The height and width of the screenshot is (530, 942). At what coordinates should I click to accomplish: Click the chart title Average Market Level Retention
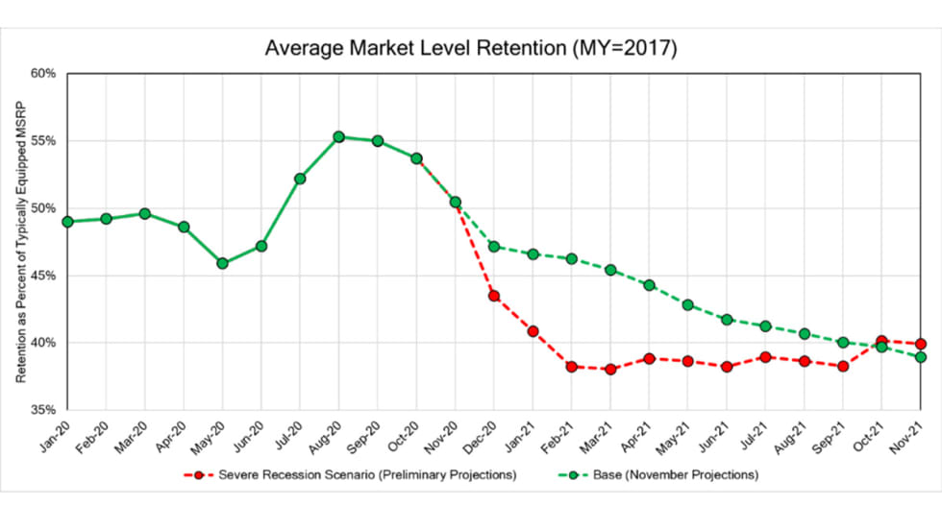[x=471, y=48]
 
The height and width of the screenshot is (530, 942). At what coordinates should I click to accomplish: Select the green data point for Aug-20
[x=338, y=137]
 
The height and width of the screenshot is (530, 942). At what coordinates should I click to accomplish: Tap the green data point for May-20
[x=222, y=263]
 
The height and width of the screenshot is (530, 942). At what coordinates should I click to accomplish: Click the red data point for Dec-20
[x=494, y=296]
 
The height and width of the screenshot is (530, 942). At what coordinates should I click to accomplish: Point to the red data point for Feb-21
[x=572, y=367]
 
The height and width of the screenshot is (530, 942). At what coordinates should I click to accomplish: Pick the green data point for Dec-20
[x=494, y=246]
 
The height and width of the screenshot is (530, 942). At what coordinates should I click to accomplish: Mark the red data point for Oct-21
[x=881, y=341]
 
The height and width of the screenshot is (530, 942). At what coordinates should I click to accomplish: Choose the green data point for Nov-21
[x=921, y=357]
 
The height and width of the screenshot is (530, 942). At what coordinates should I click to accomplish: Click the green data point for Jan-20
[x=67, y=222]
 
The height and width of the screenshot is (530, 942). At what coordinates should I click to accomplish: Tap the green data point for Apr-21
[x=650, y=285]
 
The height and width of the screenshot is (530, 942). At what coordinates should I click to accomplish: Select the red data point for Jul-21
[x=765, y=357]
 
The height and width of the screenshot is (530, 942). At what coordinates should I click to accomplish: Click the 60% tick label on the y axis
[x=43, y=74]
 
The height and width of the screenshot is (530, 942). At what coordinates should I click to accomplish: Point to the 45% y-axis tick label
[x=43, y=276]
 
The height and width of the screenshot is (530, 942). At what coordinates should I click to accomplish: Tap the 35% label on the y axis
[x=43, y=410]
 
